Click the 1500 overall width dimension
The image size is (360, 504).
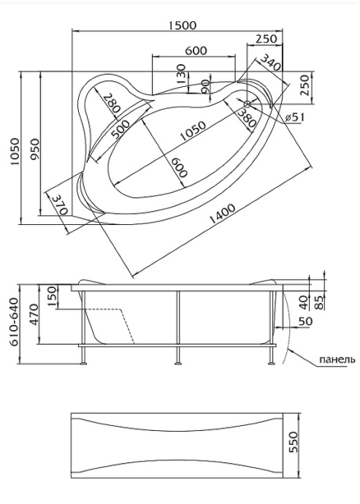pyautogui.click(x=182, y=25)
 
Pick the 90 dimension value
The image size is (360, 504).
pyautogui.click(x=205, y=87)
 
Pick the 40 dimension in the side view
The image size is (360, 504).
pyautogui.click(x=305, y=299)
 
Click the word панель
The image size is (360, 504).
pyautogui.click(x=337, y=359)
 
